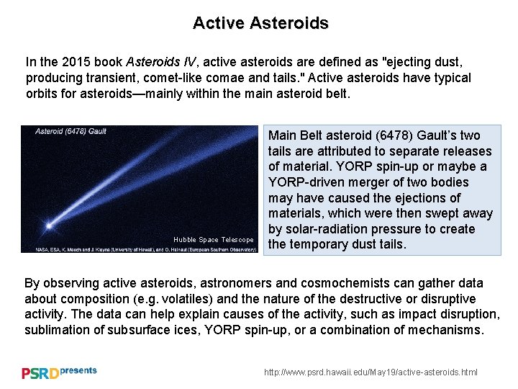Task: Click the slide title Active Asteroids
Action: coord(260,23)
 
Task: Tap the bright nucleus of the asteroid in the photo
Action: coord(48,225)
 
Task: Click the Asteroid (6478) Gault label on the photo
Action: coord(71,131)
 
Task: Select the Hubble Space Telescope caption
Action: coord(213,239)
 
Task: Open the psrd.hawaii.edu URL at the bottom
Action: coord(371,372)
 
